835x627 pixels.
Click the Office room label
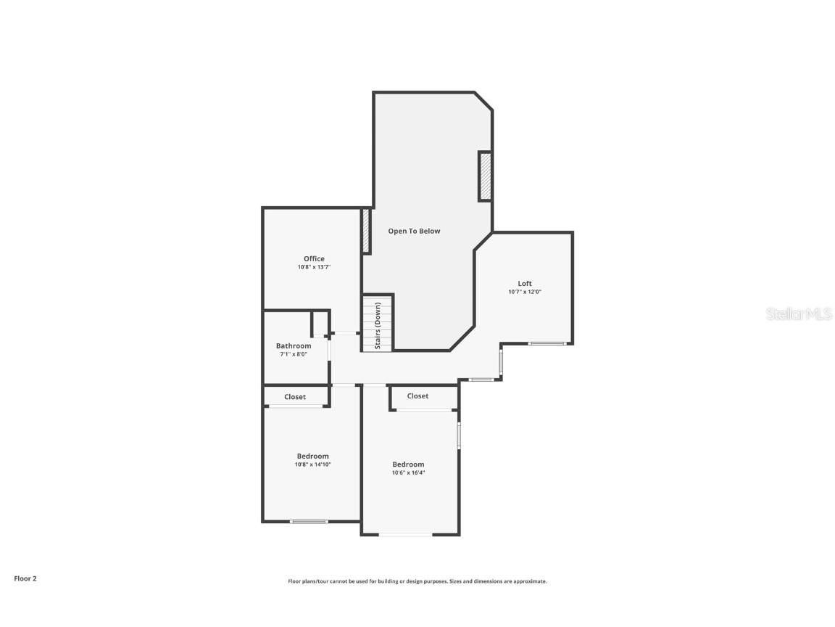(x=314, y=258)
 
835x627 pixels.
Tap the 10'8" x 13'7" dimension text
(x=314, y=267)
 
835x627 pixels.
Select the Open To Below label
(x=414, y=231)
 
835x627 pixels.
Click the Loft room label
(x=525, y=283)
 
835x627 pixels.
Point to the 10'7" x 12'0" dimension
(x=525, y=292)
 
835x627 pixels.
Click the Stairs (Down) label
(x=378, y=326)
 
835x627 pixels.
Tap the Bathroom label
(x=294, y=345)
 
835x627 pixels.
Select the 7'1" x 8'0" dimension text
(x=294, y=354)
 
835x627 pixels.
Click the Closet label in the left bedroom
(x=295, y=397)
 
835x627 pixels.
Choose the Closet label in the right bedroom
(x=417, y=396)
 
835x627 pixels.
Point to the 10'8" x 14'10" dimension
(x=312, y=464)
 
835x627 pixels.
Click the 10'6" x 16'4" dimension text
(x=408, y=472)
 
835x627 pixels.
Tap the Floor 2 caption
(x=25, y=578)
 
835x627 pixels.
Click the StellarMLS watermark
(x=800, y=313)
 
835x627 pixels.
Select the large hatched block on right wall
(x=485, y=176)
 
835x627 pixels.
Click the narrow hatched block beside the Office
(x=366, y=231)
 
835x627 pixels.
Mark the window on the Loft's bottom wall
(x=547, y=343)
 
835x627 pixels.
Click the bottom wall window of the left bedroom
(x=309, y=521)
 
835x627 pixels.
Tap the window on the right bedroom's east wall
(x=459, y=435)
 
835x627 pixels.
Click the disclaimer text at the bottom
(x=417, y=581)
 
